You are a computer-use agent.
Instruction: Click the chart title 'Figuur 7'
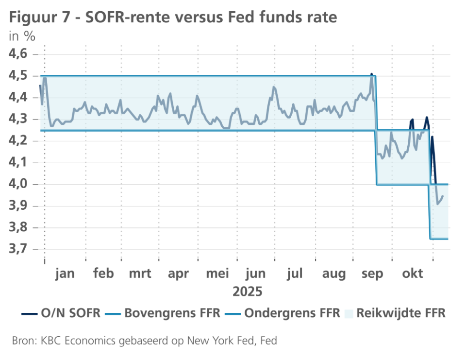pos(41,18)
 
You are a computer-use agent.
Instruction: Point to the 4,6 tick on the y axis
pos(20,54)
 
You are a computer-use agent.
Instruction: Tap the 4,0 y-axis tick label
pos(20,185)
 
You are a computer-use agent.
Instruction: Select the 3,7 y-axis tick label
pos(20,250)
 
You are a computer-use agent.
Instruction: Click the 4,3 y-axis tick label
pos(20,120)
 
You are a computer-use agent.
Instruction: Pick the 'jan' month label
pos(65,274)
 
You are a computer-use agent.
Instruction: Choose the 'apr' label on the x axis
pos(178,274)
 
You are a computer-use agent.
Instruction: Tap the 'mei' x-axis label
pos(217,274)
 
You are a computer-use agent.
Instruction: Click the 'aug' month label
pos(334,274)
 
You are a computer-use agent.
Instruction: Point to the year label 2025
pos(247,292)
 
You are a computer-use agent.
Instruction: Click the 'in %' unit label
pos(22,36)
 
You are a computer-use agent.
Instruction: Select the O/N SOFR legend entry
pos(61,313)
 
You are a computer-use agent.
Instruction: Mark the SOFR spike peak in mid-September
pos(371,74)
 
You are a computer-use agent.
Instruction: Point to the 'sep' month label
pos(373,274)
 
